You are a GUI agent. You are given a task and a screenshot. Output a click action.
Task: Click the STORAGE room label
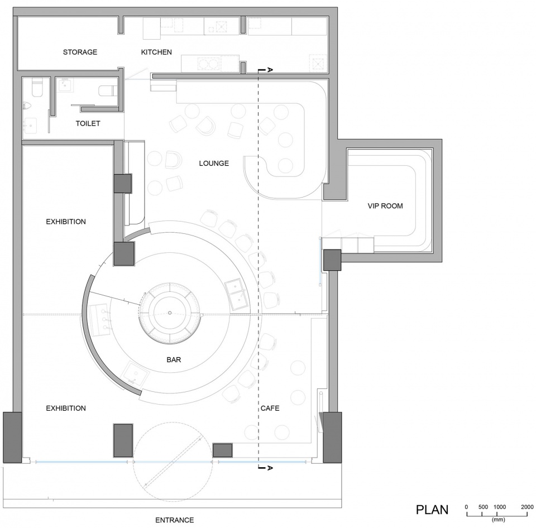click(80, 52)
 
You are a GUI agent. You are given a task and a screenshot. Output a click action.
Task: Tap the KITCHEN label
click(156, 52)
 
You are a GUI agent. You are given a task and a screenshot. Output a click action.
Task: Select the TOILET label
click(88, 123)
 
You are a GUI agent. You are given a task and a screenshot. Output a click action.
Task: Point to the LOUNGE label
click(214, 164)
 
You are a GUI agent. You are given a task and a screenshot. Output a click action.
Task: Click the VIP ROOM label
click(385, 206)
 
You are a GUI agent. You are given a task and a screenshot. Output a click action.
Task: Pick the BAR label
click(174, 359)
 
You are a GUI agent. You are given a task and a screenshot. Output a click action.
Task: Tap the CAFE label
click(270, 408)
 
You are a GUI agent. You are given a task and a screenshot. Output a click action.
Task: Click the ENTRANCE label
click(175, 520)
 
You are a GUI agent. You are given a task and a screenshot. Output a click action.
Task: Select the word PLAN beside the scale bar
click(432, 510)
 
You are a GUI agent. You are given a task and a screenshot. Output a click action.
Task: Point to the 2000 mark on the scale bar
click(527, 507)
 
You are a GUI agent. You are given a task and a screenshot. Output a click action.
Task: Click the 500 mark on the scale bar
click(483, 507)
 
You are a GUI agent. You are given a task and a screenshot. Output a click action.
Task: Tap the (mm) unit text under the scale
click(499, 520)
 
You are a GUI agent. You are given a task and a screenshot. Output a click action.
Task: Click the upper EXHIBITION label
click(66, 222)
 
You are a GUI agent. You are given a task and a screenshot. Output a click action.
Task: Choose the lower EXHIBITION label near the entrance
click(66, 408)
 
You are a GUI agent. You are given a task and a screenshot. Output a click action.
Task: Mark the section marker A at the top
click(269, 70)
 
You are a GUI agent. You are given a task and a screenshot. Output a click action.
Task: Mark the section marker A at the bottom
click(269, 468)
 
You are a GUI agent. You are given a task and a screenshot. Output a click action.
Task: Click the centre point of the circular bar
click(170, 313)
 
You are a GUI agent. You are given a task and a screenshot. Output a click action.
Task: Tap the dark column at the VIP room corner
click(332, 260)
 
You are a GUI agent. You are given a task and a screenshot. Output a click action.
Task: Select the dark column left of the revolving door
click(123, 440)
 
